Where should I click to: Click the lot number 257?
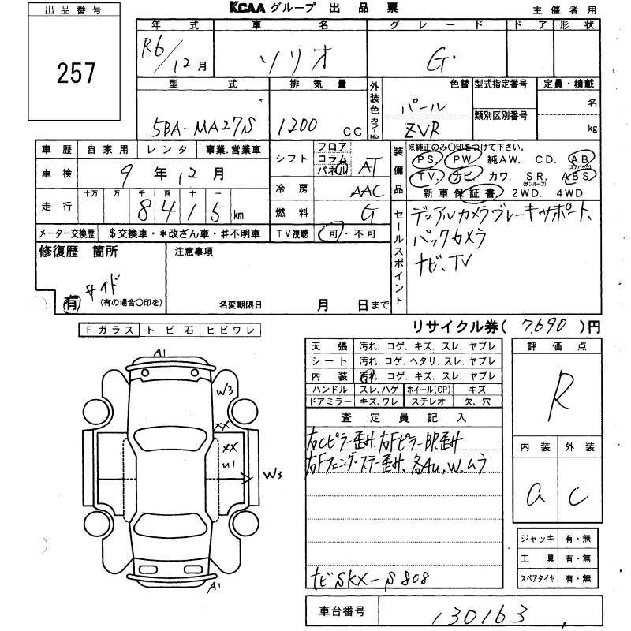(76, 73)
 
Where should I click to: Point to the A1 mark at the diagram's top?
(160, 353)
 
